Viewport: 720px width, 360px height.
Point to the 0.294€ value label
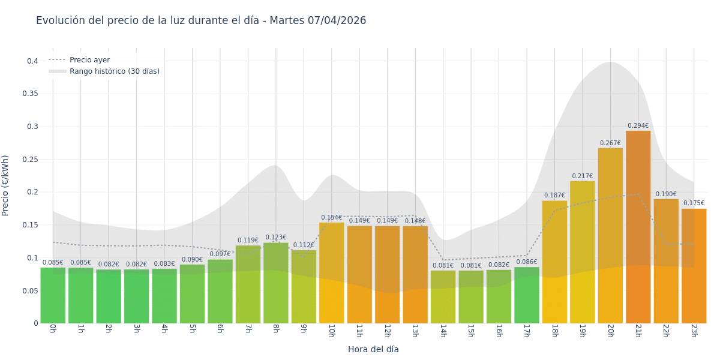[638, 126]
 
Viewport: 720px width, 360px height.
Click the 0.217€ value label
[582, 176]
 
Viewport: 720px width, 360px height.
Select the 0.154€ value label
[331, 218]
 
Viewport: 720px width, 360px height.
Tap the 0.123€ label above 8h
[275, 238]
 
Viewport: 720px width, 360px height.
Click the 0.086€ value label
[526, 262]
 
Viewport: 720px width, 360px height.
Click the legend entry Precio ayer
[89, 60]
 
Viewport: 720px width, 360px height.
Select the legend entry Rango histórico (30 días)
[114, 71]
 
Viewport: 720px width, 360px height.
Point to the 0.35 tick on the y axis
[30, 94]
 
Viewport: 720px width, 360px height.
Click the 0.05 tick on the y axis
[30, 291]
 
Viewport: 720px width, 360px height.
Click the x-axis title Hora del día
[373, 349]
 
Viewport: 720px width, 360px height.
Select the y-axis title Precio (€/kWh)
[6, 185]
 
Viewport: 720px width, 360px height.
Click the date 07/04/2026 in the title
[337, 20]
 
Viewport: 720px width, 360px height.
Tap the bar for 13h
[415, 275]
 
